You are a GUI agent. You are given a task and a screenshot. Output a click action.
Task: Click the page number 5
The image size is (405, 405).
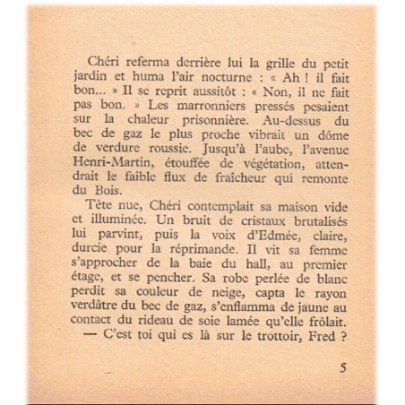pos(344,366)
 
